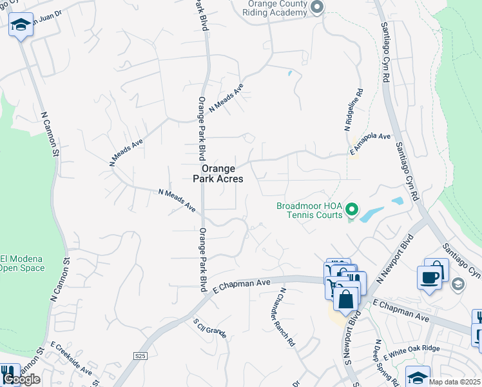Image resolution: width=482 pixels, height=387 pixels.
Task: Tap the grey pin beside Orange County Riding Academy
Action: pos(316,8)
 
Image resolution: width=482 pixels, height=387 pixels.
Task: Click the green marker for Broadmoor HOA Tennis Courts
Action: pos(352,210)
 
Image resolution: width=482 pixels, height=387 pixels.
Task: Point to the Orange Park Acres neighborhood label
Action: pos(218,174)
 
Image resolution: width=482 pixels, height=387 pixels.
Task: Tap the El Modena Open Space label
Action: pos(22,263)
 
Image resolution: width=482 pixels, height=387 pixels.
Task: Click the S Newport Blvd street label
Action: pos(354,337)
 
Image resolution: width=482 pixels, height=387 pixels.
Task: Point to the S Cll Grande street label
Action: pos(209,327)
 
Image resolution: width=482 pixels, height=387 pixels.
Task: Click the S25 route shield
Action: pos(140,355)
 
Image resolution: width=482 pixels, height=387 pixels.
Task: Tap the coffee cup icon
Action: pos(429,277)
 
